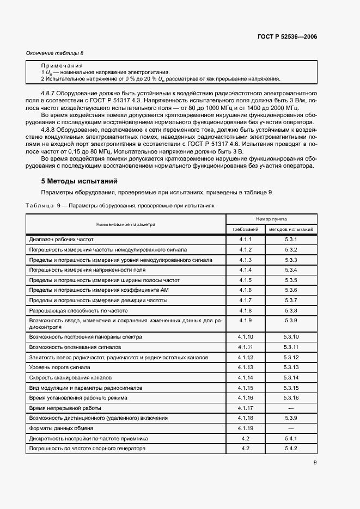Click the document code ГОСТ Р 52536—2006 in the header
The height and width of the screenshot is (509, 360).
point(287,37)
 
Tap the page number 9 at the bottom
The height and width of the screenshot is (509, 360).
point(315,463)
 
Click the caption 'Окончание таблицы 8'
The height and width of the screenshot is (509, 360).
point(55,53)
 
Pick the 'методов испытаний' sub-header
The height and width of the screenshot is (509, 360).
point(290,229)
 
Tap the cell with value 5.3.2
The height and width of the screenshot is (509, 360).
point(290,249)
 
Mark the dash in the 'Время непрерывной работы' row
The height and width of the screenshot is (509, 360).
point(290,408)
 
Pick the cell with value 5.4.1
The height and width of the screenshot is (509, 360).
point(290,438)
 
